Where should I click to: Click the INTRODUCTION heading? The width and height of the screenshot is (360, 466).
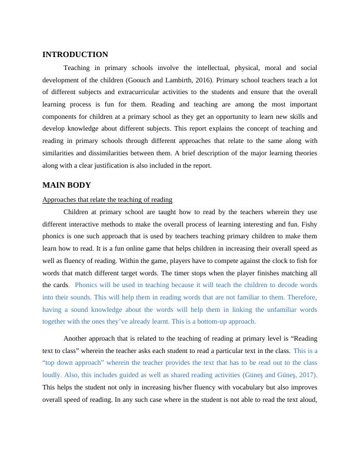[75, 55]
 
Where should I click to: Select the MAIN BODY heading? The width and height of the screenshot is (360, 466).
[66, 185]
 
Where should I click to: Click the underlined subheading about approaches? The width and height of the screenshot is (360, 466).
[107, 199]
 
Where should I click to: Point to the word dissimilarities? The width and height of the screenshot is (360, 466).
[103, 154]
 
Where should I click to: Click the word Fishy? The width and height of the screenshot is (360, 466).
[308, 224]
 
